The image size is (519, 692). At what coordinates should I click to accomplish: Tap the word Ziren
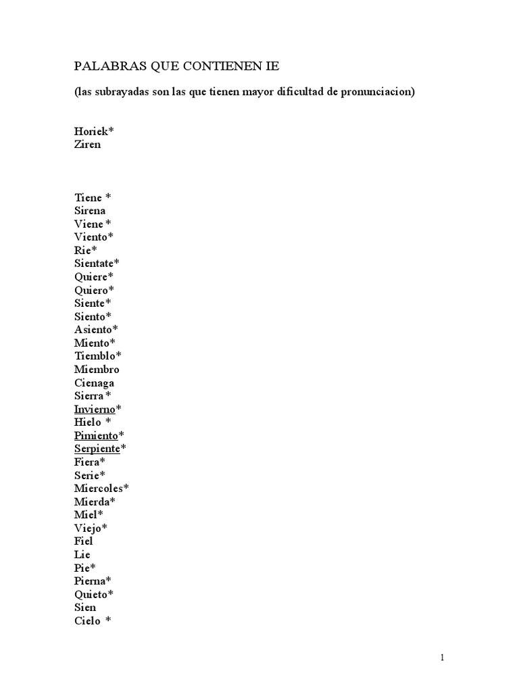point(87,145)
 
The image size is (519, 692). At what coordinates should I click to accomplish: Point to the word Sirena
point(90,211)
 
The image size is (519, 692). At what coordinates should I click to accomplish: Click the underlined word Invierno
point(95,409)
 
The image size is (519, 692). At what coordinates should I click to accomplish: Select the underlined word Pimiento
point(96,435)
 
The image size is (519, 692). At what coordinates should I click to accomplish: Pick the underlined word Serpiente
point(97,449)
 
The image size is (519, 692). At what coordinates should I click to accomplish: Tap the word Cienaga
point(94,382)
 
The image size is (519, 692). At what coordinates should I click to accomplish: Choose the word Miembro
point(97,370)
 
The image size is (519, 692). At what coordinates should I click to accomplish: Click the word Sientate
point(94,264)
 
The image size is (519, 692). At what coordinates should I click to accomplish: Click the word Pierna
point(91,580)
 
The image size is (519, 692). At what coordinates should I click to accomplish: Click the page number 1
point(442,658)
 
